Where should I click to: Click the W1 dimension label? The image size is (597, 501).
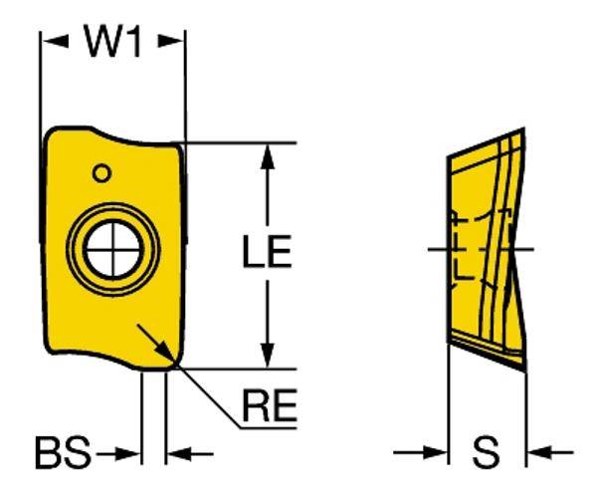[x=110, y=41]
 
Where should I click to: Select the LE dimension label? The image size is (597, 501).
[x=266, y=254]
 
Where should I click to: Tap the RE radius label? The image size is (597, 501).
[x=269, y=406]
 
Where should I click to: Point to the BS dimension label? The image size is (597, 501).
[x=63, y=455]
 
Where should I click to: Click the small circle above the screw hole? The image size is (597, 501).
[x=100, y=173]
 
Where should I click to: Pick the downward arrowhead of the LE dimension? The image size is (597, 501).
[x=266, y=355]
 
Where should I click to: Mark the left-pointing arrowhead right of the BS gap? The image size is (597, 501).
[x=177, y=455]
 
